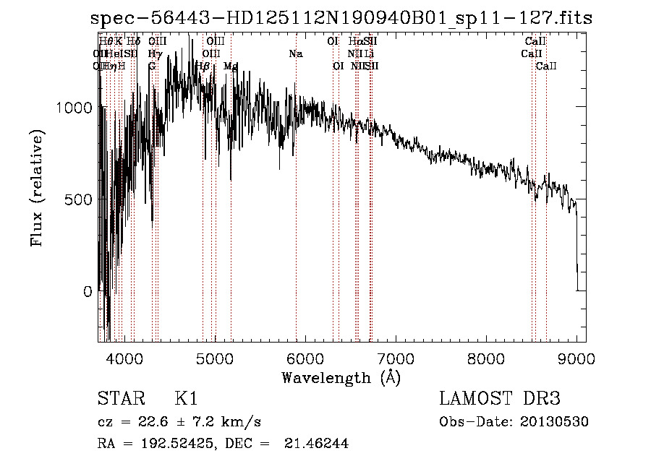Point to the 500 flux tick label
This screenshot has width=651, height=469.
[80, 199]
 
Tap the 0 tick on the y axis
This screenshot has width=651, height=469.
[88, 291]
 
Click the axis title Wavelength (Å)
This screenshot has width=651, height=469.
[341, 377]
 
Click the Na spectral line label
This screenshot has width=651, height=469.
[295, 54]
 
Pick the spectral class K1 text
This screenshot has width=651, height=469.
[186, 400]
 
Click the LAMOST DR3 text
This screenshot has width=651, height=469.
[500, 400]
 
